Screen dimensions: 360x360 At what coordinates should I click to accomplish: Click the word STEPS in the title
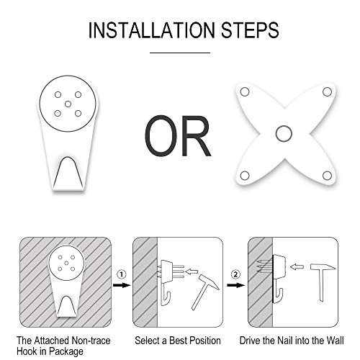(250, 30)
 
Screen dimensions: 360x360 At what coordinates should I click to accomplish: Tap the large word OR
(178, 135)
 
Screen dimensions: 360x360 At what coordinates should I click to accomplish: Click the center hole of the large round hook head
(68, 104)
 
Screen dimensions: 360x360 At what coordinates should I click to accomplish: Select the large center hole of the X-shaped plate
(284, 133)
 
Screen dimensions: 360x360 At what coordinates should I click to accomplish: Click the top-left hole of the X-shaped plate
(245, 92)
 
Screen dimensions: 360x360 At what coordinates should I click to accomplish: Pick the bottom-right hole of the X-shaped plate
(327, 176)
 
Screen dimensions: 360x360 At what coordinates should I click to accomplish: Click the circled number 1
(122, 274)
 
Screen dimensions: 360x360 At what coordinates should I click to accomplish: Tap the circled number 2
(235, 274)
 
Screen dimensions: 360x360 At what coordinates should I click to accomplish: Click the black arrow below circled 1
(122, 285)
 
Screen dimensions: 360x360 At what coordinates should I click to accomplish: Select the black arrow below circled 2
(236, 285)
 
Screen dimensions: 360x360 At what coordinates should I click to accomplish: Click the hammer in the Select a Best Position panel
(205, 292)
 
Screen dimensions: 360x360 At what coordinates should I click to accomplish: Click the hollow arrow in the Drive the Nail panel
(297, 266)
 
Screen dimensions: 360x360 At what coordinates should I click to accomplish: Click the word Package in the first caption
(66, 352)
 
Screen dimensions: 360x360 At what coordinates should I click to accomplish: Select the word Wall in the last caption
(335, 341)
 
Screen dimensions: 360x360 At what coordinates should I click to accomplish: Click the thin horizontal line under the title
(180, 53)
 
